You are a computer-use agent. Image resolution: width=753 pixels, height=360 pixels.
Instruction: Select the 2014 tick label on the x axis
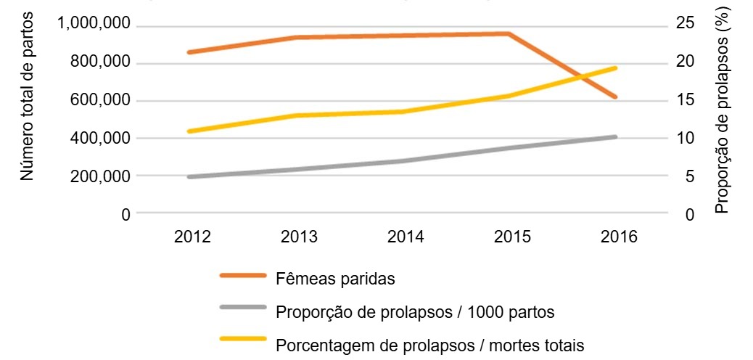point(405,237)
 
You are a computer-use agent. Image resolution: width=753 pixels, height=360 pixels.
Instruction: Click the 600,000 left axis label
point(97,101)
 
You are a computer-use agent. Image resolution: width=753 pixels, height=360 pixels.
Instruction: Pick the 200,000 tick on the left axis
point(97,176)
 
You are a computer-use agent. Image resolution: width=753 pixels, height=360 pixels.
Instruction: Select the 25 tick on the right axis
point(684,25)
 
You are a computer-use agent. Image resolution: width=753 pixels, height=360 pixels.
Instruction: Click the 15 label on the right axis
point(684,101)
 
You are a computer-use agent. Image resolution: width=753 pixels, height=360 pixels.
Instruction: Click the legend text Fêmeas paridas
point(334,279)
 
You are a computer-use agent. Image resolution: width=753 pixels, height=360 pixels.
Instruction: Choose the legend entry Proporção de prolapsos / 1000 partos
point(415,312)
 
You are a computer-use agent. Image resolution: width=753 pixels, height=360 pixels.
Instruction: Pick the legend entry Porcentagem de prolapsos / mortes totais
point(429,344)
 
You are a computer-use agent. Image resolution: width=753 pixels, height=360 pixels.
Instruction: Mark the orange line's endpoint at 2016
point(615,97)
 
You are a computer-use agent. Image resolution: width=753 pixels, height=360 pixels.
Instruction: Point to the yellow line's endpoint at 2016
point(615,68)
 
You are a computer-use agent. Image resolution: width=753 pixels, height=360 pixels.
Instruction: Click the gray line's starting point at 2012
point(189,176)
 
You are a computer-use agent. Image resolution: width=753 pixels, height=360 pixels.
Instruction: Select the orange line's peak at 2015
point(509,33)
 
